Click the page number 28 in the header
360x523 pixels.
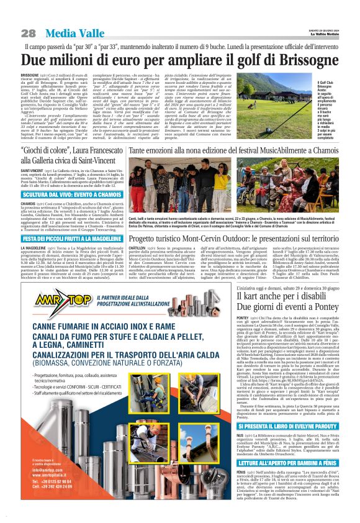point(29,33)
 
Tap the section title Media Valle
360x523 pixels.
point(65,32)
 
